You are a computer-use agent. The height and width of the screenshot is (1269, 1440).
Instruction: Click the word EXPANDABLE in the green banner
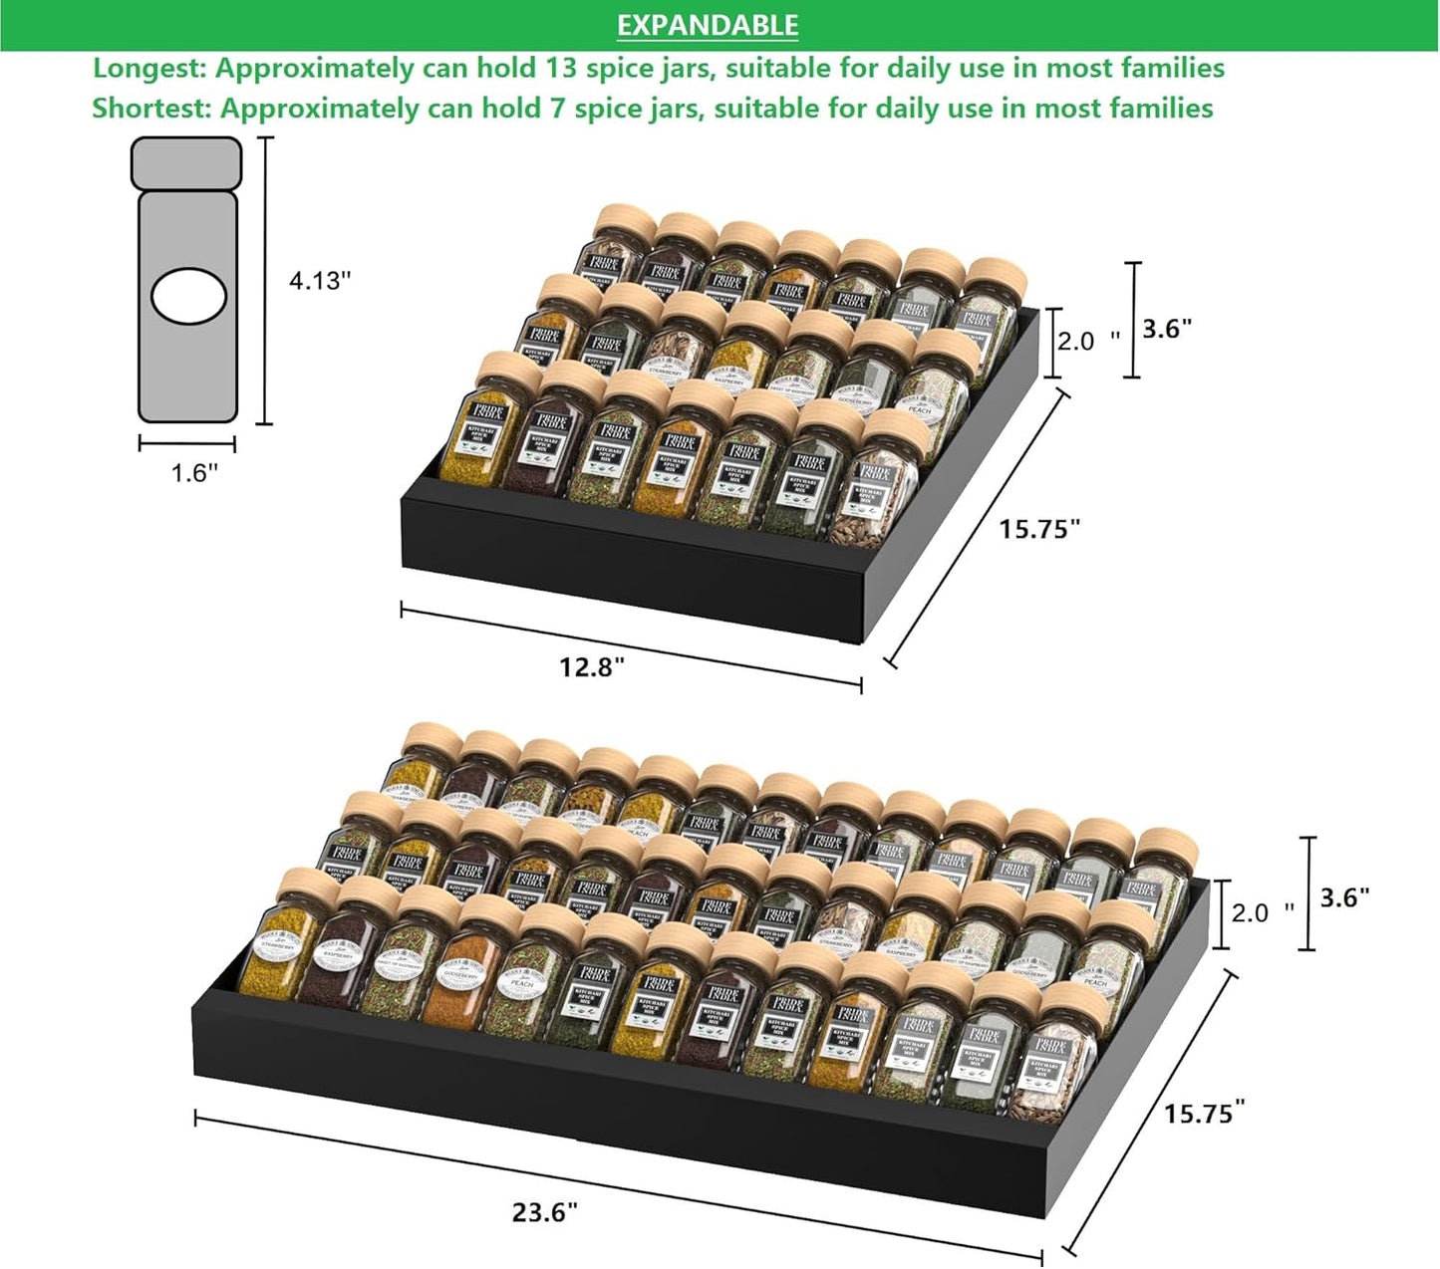click(708, 25)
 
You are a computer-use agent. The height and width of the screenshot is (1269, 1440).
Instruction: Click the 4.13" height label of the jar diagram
click(320, 281)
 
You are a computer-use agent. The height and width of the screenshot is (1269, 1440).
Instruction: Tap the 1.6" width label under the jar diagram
click(193, 472)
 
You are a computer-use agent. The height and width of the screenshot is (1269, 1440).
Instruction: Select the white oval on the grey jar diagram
click(188, 297)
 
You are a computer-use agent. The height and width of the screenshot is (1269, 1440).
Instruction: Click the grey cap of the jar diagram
click(186, 162)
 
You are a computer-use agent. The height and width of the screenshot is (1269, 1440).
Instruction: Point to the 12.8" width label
click(591, 666)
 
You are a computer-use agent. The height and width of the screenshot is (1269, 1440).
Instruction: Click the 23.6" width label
click(545, 1212)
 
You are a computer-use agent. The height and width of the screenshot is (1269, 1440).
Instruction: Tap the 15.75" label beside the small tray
click(1039, 529)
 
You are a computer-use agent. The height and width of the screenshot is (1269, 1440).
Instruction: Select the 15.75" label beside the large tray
click(1205, 1113)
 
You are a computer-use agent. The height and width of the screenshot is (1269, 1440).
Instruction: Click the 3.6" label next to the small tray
click(1167, 329)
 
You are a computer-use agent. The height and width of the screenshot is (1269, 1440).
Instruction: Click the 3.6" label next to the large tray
click(1344, 897)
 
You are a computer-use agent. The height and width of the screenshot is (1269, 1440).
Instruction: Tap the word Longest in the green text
click(148, 69)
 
